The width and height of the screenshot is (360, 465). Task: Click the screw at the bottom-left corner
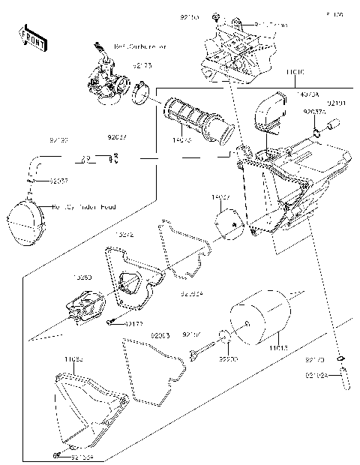pyautogui.click(x=57, y=455)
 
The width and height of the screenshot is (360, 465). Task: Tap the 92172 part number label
pyautogui.click(x=134, y=323)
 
